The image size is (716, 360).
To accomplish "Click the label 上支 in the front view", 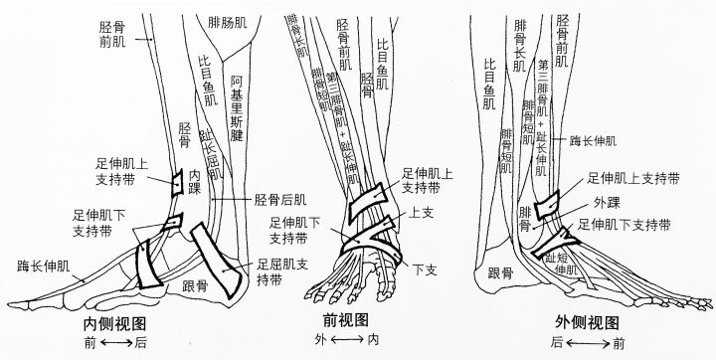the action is click(419, 212).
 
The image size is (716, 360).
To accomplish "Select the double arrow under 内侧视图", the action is click(118, 343).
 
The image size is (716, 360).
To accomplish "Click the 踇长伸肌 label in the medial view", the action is click(44, 267).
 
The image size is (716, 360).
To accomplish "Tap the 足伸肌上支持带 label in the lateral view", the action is click(633, 179).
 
